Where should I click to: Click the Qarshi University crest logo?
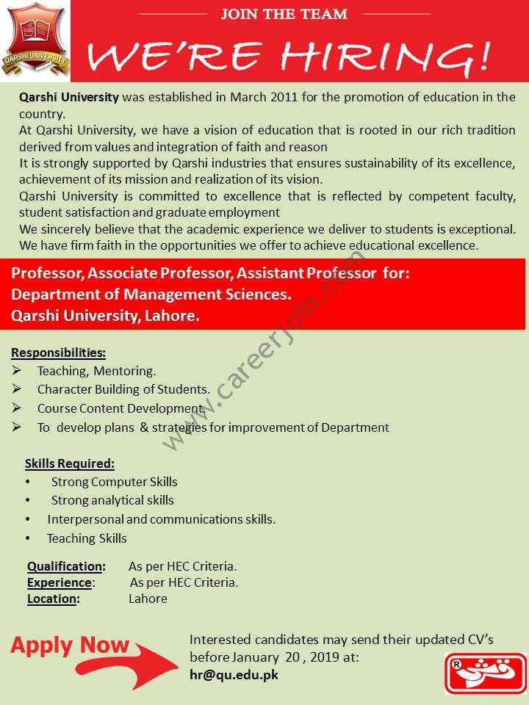point(35,40)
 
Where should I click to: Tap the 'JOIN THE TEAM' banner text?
point(284,13)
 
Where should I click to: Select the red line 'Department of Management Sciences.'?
point(151,294)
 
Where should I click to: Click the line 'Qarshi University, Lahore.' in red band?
point(105,316)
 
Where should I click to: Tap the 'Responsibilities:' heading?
point(58,352)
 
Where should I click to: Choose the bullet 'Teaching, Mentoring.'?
point(96,372)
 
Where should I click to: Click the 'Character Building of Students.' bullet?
point(123,390)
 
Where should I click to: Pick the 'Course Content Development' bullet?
point(120,409)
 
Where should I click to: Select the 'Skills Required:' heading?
point(70,463)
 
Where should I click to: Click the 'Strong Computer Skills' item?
point(114,482)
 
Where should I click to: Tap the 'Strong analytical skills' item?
point(112,501)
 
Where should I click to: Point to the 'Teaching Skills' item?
point(87,538)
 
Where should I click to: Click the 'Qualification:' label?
point(66,566)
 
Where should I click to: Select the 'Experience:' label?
point(60,582)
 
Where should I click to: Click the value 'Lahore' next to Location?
point(148,599)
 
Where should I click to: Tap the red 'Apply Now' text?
point(70,646)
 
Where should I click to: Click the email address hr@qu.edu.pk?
point(234,675)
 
